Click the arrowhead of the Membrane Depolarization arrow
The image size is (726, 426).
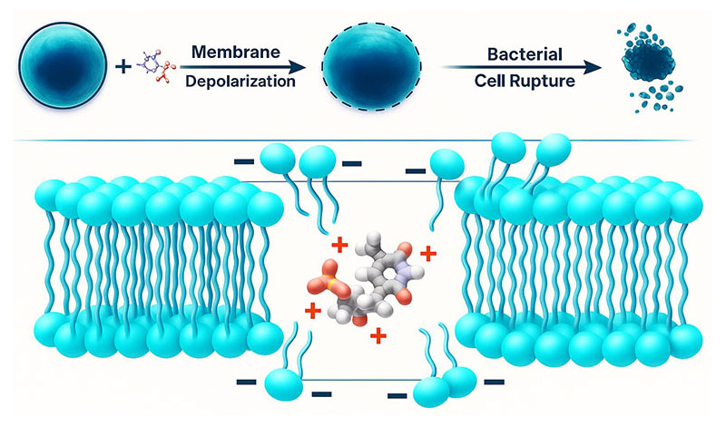tap(304, 68)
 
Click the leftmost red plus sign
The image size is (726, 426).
tap(313, 312)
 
